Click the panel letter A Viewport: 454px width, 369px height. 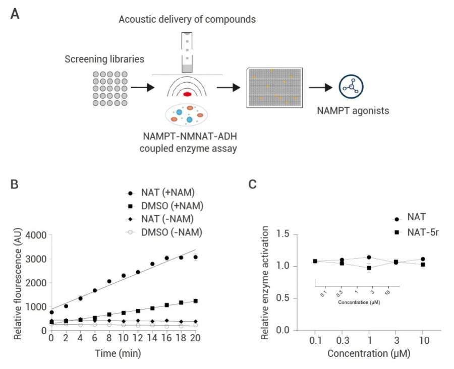pyautogui.click(x=16, y=14)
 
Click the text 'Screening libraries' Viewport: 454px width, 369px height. pyautogui.click(x=104, y=59)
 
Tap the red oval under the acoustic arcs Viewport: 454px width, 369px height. pyautogui.click(x=187, y=94)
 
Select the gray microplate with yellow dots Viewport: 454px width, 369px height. pyautogui.click(x=274, y=87)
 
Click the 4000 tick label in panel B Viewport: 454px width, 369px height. pyautogui.click(x=35, y=235)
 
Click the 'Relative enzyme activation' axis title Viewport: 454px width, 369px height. pyautogui.click(x=268, y=283)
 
